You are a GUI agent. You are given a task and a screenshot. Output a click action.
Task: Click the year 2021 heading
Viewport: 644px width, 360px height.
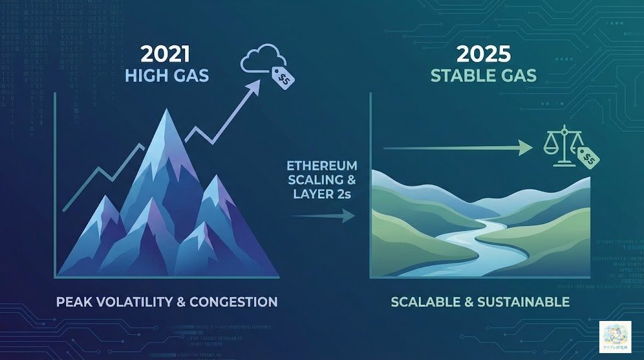(x=165, y=53)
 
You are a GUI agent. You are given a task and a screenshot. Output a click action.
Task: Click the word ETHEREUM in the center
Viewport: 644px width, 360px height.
(x=322, y=166)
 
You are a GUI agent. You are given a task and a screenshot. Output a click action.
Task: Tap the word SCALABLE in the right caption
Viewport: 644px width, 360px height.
(x=424, y=301)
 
